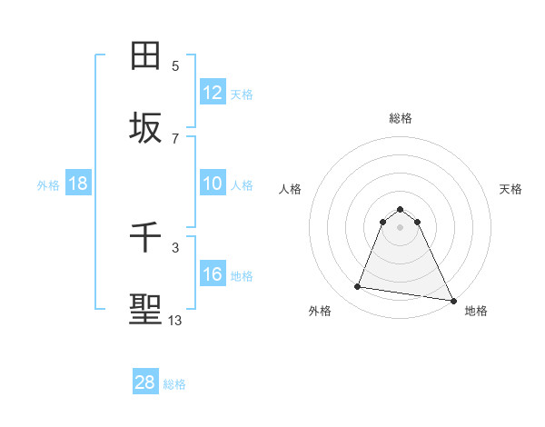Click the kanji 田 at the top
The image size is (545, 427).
coord(146,56)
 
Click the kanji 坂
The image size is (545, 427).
coord(146,128)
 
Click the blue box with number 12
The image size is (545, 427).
coord(213,92)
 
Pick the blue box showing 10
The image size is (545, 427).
coord(213,184)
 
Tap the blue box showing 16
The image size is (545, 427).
coord(213,274)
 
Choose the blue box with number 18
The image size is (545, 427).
coord(78,184)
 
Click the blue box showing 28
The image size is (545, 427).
coord(145,382)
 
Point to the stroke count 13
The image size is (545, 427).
coord(175,320)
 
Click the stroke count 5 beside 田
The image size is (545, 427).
coord(175,65)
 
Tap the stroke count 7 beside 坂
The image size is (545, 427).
coord(175,138)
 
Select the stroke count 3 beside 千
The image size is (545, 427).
coord(175,247)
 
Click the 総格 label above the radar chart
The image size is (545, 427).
coord(401,118)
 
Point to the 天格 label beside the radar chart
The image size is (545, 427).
coord(511,189)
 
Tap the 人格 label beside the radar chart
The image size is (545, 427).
coord(290,189)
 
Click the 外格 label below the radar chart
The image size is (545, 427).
coord(320,311)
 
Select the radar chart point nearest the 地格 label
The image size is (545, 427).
coord(452,300)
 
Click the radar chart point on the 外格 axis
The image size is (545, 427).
coord(358,287)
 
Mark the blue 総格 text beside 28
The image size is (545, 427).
coord(174,383)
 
